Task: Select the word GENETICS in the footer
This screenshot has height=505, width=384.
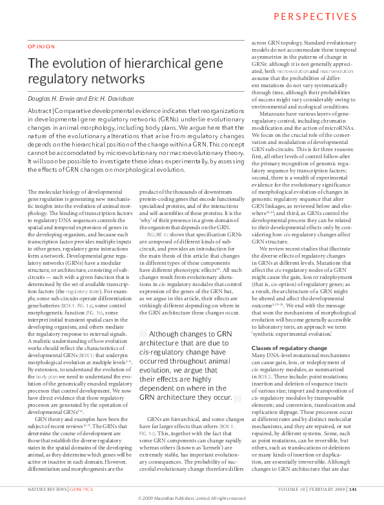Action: [82, 490]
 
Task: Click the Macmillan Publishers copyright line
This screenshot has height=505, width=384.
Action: [192, 499]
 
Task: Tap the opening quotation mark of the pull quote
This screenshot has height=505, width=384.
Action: [143, 333]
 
